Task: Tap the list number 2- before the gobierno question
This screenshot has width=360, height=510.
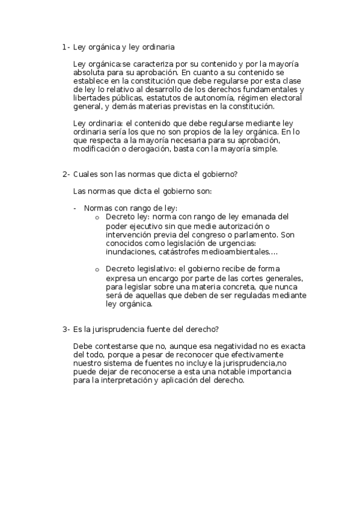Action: (66, 174)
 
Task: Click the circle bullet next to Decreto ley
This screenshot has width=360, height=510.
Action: (97, 217)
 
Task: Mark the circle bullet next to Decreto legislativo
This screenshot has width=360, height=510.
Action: (97, 269)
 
